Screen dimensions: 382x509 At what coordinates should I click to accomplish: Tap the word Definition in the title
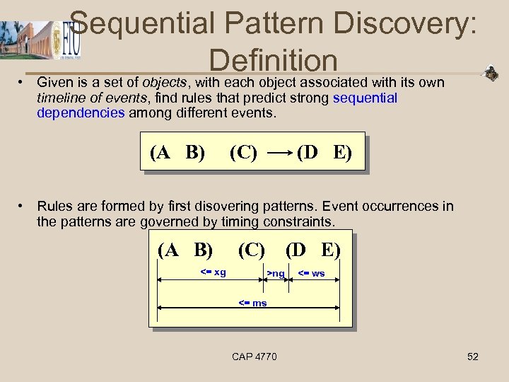(274, 60)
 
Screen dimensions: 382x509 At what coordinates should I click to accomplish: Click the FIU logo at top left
(71, 40)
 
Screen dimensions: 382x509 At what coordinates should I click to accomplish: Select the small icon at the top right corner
(490, 73)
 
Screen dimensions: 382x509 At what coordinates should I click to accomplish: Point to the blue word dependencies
(81, 112)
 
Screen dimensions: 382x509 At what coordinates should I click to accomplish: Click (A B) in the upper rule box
(177, 152)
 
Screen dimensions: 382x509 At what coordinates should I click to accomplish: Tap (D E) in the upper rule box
(324, 152)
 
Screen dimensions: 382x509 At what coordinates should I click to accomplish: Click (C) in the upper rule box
(243, 152)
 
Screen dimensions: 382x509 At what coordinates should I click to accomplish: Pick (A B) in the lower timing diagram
(185, 250)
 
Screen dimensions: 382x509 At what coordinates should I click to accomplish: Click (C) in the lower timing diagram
(251, 250)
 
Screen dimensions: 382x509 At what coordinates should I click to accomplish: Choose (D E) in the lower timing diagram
(312, 250)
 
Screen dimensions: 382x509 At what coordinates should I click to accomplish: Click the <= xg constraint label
(213, 272)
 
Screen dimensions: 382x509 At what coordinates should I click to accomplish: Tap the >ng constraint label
(276, 274)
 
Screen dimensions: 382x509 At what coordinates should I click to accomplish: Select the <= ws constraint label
(311, 273)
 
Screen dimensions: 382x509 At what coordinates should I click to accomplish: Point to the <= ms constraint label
(252, 303)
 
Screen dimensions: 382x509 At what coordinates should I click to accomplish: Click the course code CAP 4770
(255, 357)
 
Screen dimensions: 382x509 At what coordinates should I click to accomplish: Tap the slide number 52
(473, 357)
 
